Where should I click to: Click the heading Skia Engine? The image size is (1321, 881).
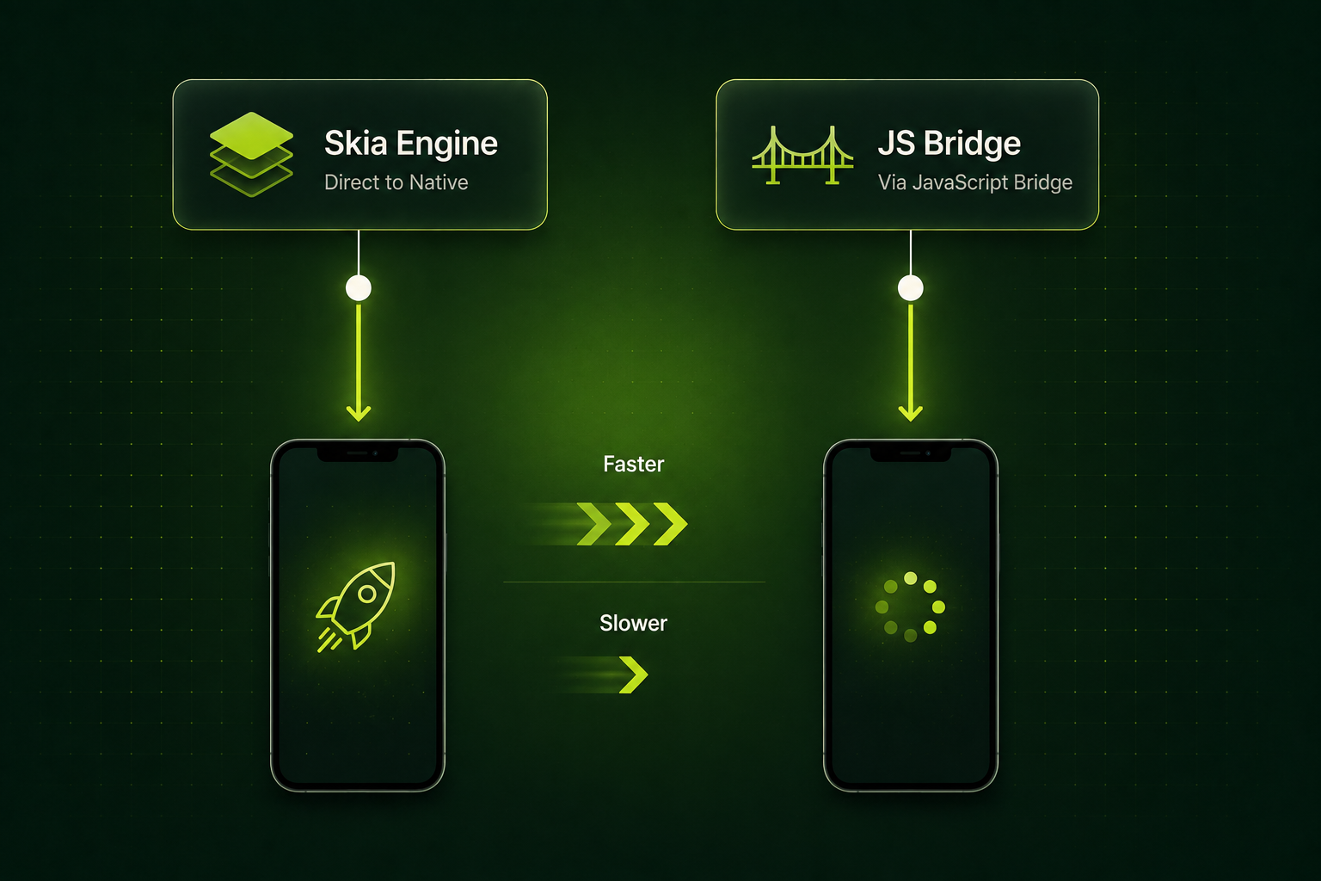click(411, 144)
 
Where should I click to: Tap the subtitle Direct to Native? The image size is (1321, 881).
click(396, 182)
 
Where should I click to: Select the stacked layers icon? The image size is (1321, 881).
click(251, 154)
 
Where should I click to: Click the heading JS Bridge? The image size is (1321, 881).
click(949, 144)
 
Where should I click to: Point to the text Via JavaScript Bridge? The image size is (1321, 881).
click(974, 182)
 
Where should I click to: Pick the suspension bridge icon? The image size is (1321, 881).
click(802, 155)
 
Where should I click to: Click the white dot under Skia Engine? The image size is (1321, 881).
click(359, 288)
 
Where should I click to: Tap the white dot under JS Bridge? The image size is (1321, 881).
click(911, 288)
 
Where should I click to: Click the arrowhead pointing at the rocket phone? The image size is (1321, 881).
click(359, 412)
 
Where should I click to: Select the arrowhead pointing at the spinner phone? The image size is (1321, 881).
click(911, 412)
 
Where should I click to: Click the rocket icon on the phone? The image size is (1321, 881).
click(356, 607)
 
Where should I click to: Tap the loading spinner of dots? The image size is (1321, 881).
click(911, 607)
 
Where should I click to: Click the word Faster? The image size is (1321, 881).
click(633, 465)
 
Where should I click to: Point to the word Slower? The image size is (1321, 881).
click(633, 623)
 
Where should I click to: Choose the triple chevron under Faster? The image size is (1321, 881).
click(631, 524)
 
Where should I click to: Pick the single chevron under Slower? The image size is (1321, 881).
click(633, 675)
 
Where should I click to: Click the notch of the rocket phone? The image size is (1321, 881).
click(358, 453)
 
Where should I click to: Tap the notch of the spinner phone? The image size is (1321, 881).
click(911, 453)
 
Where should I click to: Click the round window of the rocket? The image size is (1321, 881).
click(367, 594)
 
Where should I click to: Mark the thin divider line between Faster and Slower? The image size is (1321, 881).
click(634, 582)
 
